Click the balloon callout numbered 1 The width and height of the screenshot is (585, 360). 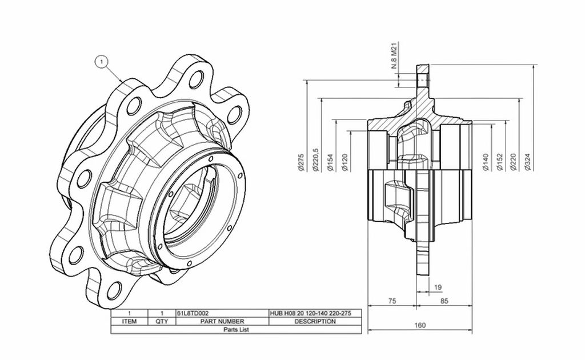[102, 62]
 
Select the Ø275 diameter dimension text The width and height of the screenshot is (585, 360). [302, 163]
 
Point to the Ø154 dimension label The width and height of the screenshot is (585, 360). [330, 163]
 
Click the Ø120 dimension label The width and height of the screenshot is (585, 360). [344, 163]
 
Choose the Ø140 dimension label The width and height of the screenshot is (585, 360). [486, 163]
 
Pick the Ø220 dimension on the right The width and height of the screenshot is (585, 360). [514, 163]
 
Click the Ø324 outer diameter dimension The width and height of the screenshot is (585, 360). [527, 163]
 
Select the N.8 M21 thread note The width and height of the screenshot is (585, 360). [395, 55]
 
